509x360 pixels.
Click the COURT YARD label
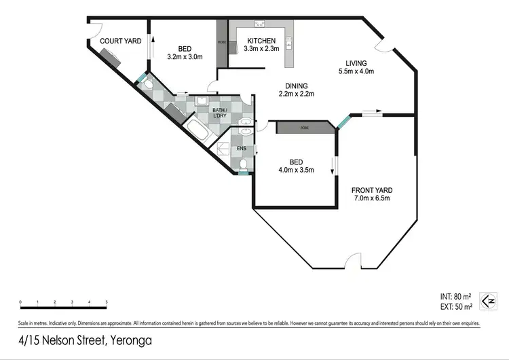pos(121,41)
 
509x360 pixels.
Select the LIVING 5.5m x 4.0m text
pos(356,67)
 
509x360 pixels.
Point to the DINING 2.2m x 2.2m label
pos(297,90)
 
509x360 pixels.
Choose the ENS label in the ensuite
pos(241,148)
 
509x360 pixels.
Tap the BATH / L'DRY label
pos(219,113)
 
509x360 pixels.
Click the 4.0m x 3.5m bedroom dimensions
pos(296,170)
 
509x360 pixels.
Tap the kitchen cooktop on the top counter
pos(259,24)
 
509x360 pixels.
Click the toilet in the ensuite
pos(243,164)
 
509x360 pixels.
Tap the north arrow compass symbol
pos(487,300)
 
